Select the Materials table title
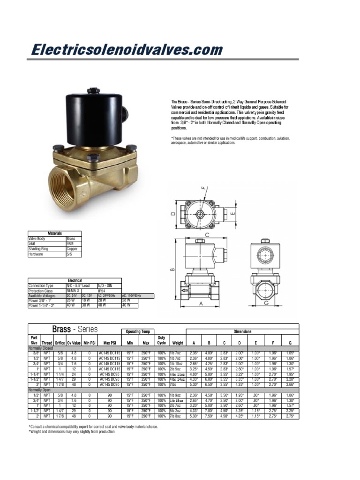coord(55,233)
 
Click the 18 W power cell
coord(86,300)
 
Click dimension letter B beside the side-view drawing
coord(172,269)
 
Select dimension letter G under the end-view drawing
coord(265,303)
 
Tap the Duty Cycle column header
coord(162,340)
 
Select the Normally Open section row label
coord(40,390)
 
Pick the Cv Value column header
coord(74,343)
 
